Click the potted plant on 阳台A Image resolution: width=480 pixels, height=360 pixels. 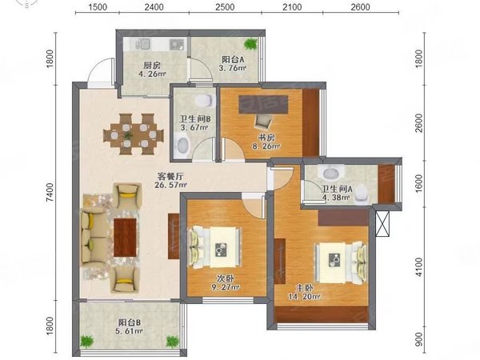pos(252,43)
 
